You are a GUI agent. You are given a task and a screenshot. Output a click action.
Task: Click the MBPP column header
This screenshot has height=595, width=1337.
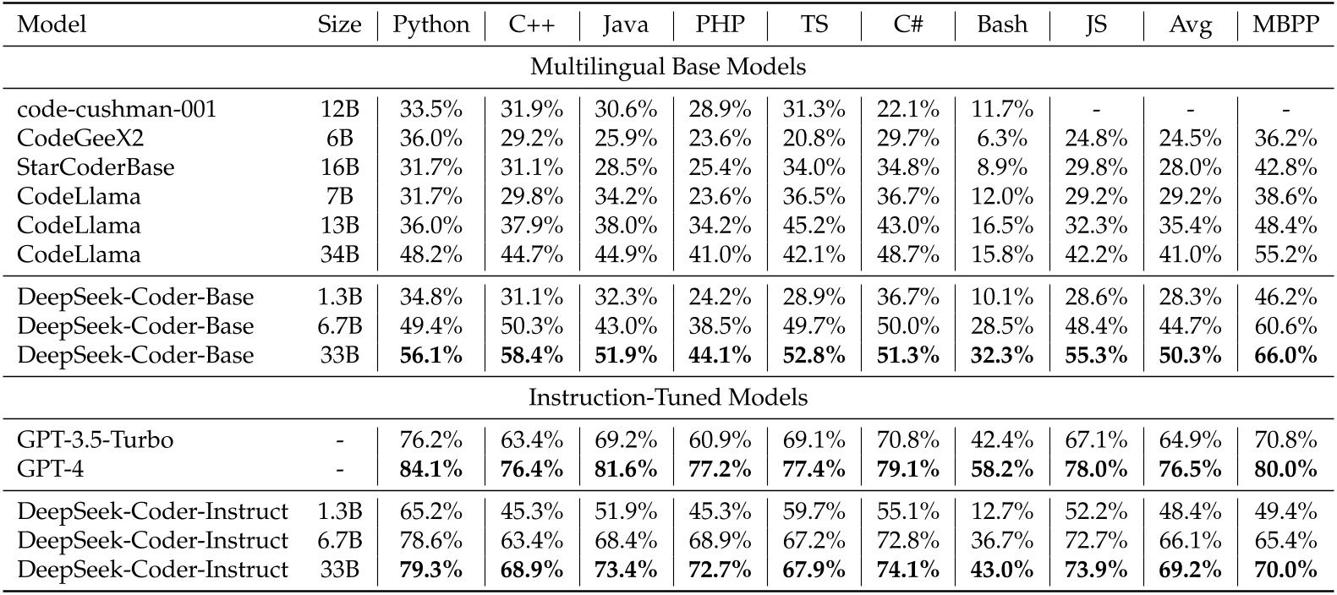[1285, 25]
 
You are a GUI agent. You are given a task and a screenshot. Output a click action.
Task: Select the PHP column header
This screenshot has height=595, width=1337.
[720, 25]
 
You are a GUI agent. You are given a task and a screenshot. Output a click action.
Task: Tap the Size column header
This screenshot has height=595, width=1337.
[339, 25]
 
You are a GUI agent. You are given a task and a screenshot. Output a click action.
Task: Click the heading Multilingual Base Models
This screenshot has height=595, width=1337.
[668, 67]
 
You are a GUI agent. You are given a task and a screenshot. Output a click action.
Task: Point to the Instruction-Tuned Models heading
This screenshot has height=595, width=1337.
[668, 397]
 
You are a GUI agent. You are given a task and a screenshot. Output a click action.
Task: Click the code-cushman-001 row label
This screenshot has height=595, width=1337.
[117, 109]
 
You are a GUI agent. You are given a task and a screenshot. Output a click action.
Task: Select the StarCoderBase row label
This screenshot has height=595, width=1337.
[96, 167]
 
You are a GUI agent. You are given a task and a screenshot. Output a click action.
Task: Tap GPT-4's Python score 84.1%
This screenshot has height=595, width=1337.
[430, 469]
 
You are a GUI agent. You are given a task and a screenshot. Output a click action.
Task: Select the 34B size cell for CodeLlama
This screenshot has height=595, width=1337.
[339, 254]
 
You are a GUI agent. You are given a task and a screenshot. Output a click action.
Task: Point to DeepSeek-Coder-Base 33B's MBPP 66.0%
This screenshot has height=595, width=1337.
[1285, 355]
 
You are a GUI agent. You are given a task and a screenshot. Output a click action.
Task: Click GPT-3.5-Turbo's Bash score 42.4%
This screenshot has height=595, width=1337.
[1002, 439]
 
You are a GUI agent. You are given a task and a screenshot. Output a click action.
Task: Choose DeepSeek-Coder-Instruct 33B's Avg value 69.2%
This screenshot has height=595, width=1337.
[1190, 569]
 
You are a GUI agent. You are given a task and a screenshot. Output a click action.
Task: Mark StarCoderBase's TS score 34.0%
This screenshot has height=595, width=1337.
[814, 167]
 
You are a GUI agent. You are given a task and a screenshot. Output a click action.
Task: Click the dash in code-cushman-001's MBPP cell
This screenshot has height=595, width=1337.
[1285, 109]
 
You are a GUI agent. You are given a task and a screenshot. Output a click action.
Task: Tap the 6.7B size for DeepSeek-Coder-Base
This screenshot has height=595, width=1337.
[339, 326]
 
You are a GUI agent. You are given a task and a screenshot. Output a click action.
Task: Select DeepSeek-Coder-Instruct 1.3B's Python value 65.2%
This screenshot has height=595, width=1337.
[430, 511]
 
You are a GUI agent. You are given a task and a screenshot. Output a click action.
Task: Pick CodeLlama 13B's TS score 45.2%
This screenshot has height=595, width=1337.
[814, 226]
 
